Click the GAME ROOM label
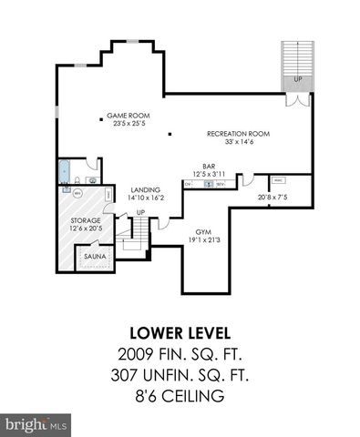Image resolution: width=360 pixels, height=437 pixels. (128, 116)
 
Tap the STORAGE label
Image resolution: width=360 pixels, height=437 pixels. (86, 220)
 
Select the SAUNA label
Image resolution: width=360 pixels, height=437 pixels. (95, 257)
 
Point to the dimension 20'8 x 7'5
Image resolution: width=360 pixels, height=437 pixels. (271, 197)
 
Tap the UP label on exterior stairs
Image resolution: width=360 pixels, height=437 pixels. (297, 78)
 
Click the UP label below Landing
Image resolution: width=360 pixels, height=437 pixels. (139, 213)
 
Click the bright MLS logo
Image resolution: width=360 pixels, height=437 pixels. (36, 423)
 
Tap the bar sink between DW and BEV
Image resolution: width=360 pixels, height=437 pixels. (209, 184)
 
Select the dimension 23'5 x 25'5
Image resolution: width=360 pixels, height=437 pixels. (128, 124)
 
